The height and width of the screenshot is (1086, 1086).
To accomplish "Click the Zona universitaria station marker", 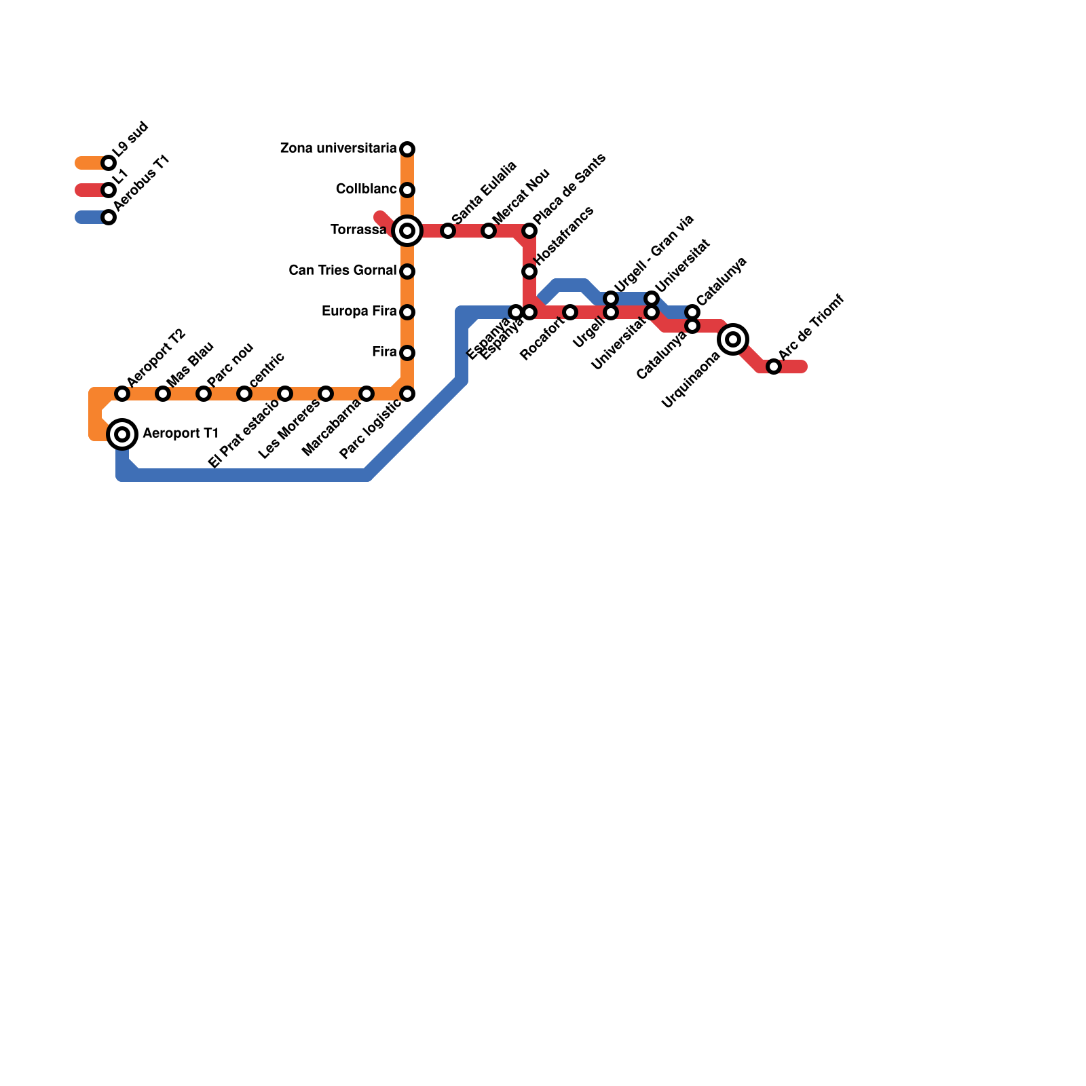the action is pos(407,149).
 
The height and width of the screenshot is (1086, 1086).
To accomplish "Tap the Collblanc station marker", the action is pos(407,190).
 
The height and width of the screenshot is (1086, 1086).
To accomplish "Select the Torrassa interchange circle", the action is pos(407,231).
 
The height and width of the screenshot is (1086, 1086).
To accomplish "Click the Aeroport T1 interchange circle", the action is pos(122,434).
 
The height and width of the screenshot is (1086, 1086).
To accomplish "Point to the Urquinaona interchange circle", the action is pos(733,339).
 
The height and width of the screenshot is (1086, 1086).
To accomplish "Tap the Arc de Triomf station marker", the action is pos(774,367).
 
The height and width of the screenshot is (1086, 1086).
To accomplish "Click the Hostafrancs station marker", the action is pos(529,271).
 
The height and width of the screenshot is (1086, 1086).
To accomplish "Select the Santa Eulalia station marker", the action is pos(448,231).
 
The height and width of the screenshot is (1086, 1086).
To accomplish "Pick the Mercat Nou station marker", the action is pos(489,231).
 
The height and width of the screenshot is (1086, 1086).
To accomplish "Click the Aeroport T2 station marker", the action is pos(122,394).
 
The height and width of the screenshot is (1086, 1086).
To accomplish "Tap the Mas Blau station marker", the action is pos(163,394).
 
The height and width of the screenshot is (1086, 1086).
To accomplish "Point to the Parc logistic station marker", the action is pos(407,394).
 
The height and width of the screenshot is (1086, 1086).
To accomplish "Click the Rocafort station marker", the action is pos(570,312).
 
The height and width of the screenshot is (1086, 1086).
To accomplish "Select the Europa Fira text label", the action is pos(359,312).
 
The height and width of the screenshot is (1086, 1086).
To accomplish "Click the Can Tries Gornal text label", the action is pos(343,271).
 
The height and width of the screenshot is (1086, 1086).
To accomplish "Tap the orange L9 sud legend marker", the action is pos(109,163).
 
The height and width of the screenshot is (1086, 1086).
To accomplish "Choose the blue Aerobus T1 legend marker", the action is pos(109,217).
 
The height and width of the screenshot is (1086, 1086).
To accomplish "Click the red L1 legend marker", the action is pos(109,190).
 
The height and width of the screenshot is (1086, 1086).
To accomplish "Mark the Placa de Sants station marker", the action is pos(529,231).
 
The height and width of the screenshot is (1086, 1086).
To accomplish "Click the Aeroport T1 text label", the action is pos(181,434).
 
